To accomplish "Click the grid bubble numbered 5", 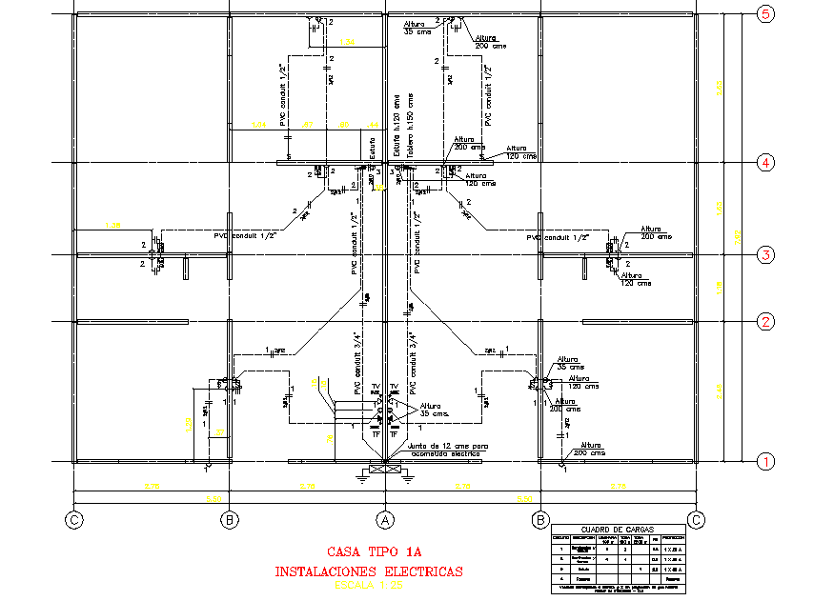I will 765,13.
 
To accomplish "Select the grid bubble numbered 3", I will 765,255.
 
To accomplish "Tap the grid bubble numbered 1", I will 765,462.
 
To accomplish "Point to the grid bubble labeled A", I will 385,520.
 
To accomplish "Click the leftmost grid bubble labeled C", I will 73,520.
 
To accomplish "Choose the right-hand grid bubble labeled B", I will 540,520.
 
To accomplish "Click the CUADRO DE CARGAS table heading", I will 617,530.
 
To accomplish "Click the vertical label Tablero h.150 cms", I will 411,124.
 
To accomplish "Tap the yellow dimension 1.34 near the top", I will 347,43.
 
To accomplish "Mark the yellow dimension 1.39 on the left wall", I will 112,225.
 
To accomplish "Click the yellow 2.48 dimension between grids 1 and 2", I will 719,389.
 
